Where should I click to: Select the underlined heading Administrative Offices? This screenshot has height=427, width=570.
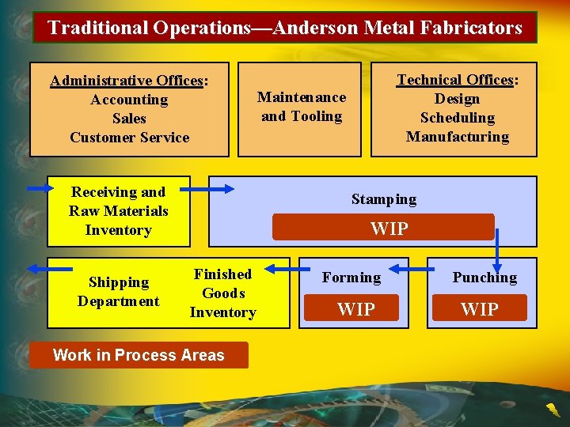pos(127,81)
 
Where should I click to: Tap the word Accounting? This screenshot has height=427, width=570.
pos(129,100)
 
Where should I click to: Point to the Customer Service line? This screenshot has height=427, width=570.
pos(129,138)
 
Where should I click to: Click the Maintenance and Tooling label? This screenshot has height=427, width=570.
pos(302,107)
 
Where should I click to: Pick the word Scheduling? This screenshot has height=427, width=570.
pos(458,118)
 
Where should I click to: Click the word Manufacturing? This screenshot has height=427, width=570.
pos(458,137)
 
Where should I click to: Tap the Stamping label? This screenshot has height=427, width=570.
pos(384,199)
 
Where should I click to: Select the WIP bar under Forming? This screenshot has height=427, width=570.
pos(355,308)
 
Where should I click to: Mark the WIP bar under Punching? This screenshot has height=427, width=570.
pos(480,308)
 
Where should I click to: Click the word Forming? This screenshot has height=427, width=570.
pos(351,278)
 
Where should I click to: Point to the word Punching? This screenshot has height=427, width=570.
pos(484,278)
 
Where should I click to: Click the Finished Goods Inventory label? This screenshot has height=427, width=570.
pos(222,293)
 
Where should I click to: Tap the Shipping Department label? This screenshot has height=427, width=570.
pos(119,292)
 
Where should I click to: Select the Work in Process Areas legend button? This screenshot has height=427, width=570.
pos(139,355)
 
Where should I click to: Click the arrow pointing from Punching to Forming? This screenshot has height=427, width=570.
pos(408,269)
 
